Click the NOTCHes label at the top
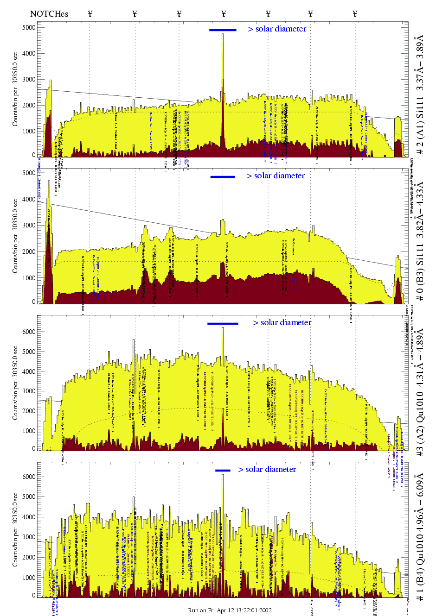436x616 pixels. pos(49,14)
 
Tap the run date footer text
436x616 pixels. pos(230,610)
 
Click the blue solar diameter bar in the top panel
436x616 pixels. pos(223,30)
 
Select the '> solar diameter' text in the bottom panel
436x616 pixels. pos(267,470)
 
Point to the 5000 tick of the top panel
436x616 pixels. pos(29,27)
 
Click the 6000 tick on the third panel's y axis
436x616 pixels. pos(29,332)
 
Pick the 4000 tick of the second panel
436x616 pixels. pos(29,199)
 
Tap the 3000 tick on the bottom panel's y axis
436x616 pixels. pos(29,537)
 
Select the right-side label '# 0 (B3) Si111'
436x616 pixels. pos(420,241)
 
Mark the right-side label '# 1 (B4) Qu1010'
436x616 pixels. pos(420,537)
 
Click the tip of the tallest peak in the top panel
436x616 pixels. pos(223,34)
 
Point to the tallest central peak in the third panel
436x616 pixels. pos(223,328)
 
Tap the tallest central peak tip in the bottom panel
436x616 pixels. pos(223,475)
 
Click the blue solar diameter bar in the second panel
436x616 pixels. pos(223,176)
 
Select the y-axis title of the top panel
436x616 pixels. pos(15,95)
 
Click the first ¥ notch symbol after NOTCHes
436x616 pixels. pos(90,14)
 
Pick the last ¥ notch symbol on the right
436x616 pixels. pos(355,14)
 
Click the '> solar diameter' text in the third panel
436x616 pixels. pos(282,323)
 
